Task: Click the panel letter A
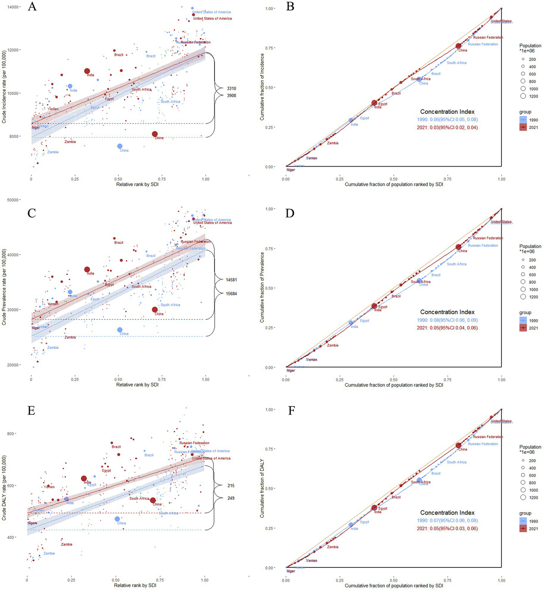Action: point(32,6)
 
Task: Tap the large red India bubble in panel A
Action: point(87,71)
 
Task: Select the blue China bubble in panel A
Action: point(120,146)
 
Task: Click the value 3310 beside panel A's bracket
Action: point(231,88)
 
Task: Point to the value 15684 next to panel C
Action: point(231,294)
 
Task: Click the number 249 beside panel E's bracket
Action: point(231,498)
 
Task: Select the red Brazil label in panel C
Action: point(119,243)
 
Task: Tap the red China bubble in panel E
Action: point(153,500)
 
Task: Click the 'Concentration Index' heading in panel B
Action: point(447,111)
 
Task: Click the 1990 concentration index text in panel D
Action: point(447,320)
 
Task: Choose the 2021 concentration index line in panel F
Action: point(447,528)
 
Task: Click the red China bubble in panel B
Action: point(458,46)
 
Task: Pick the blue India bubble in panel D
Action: point(351,323)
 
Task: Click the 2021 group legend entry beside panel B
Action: point(529,127)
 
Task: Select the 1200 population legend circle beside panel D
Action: point(523,297)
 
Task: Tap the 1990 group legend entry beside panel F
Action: point(529,521)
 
